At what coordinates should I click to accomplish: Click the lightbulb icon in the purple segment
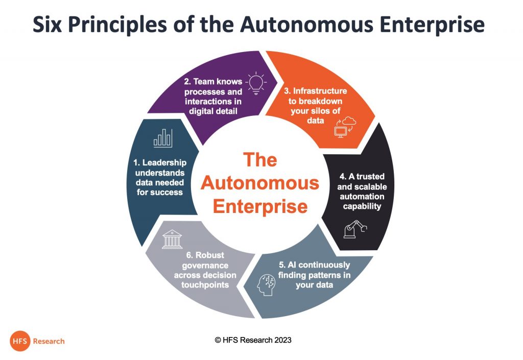coord(256,83)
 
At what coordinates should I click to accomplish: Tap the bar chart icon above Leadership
coord(163,138)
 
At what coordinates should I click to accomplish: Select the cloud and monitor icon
coord(345,127)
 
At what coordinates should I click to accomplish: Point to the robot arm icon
coord(355,229)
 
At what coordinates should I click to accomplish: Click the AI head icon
coord(266,285)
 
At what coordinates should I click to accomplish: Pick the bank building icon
coord(172,239)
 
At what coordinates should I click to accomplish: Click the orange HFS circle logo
coord(20,341)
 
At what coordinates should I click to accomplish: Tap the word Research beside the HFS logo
coord(49,341)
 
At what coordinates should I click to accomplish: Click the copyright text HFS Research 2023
coord(253,340)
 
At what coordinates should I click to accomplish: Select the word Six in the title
coord(47,25)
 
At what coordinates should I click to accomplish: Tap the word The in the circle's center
coord(260,160)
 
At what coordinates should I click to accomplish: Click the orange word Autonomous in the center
coord(260,183)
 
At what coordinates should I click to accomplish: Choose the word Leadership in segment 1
coord(164,163)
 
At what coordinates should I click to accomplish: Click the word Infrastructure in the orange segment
coord(320,91)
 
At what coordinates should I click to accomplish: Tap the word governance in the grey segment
coord(205,266)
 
